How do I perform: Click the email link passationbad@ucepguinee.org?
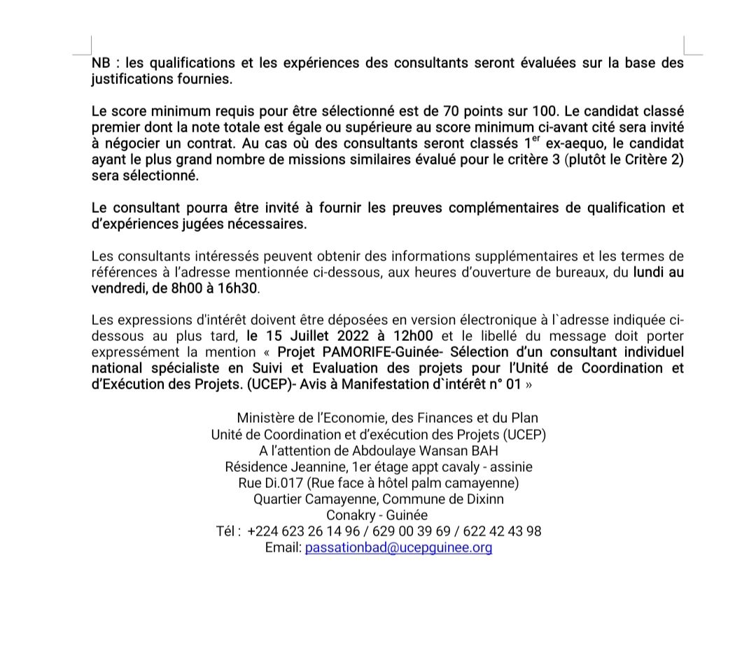point(398,547)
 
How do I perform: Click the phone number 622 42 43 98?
point(503,531)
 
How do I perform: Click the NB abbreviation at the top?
point(101,63)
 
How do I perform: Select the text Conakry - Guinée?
point(377,515)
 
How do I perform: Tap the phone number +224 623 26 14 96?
point(301,531)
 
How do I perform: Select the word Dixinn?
point(484,499)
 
